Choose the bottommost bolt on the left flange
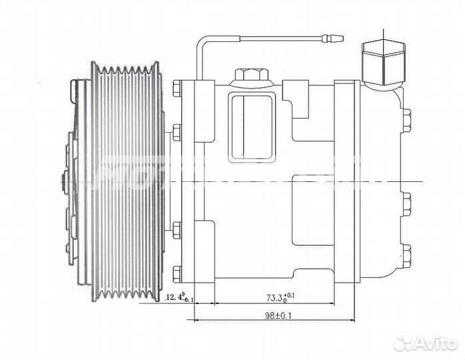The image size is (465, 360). point(177,272)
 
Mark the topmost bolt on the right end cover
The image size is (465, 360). point(406,120)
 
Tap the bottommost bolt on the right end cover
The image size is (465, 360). point(406,255)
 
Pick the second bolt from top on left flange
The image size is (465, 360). point(177,130)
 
